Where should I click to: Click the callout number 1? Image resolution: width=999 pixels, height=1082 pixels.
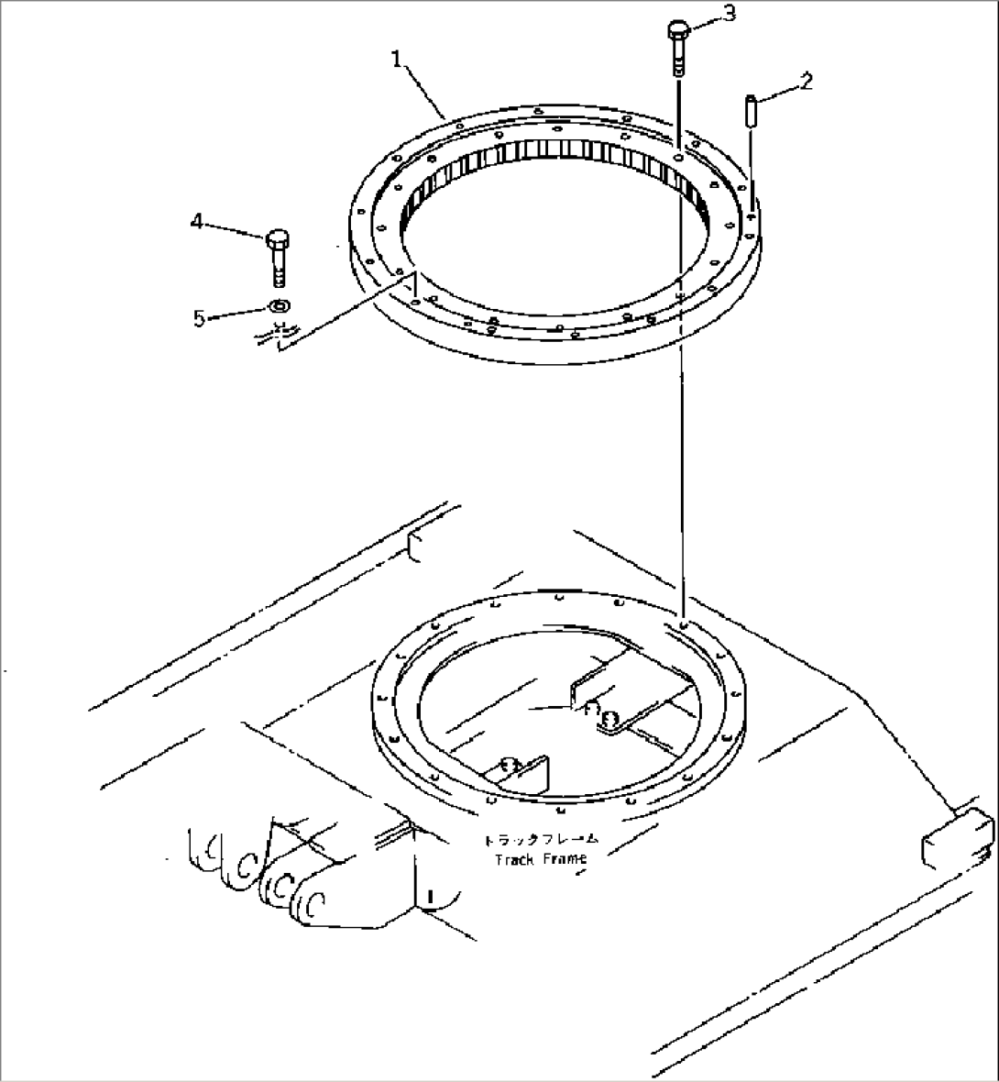397,59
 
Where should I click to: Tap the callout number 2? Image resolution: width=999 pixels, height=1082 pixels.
805,81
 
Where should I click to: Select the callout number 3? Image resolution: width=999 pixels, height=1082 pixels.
729,14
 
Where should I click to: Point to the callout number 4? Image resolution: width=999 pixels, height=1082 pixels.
196,221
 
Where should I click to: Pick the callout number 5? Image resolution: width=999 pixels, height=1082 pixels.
199,317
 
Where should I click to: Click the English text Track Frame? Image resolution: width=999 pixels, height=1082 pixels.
539,859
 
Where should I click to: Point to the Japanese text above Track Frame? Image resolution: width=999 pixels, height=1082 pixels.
542,839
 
